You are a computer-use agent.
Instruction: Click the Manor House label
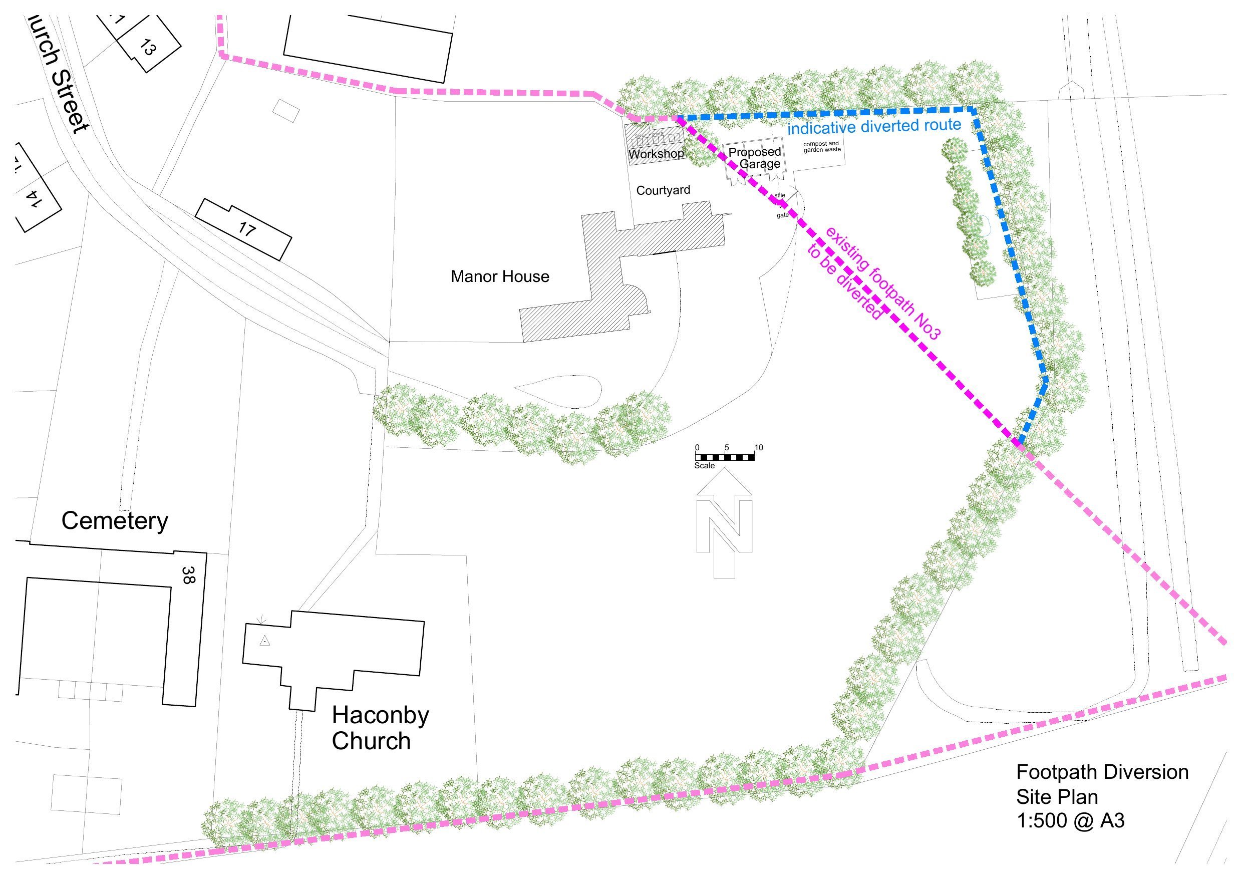click(x=500, y=277)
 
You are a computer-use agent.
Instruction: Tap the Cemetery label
click(x=115, y=520)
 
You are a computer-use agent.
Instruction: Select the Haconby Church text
click(x=380, y=728)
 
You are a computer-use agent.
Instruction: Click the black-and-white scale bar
click(x=724, y=458)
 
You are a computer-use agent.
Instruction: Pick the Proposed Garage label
click(x=755, y=158)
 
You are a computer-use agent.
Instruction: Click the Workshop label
click(x=656, y=154)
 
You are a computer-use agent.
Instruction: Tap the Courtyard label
click(x=663, y=190)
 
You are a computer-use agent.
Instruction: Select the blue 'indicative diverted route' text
click(x=874, y=127)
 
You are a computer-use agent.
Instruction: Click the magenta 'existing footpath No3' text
click(x=883, y=284)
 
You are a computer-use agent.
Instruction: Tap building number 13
click(x=147, y=48)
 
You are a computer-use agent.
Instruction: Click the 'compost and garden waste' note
click(x=822, y=147)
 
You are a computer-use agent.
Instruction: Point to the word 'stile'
click(x=780, y=195)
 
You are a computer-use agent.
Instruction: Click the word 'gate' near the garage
click(x=782, y=215)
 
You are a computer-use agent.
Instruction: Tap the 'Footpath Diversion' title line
click(x=1102, y=772)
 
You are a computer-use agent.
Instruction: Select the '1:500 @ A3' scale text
click(x=1070, y=821)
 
